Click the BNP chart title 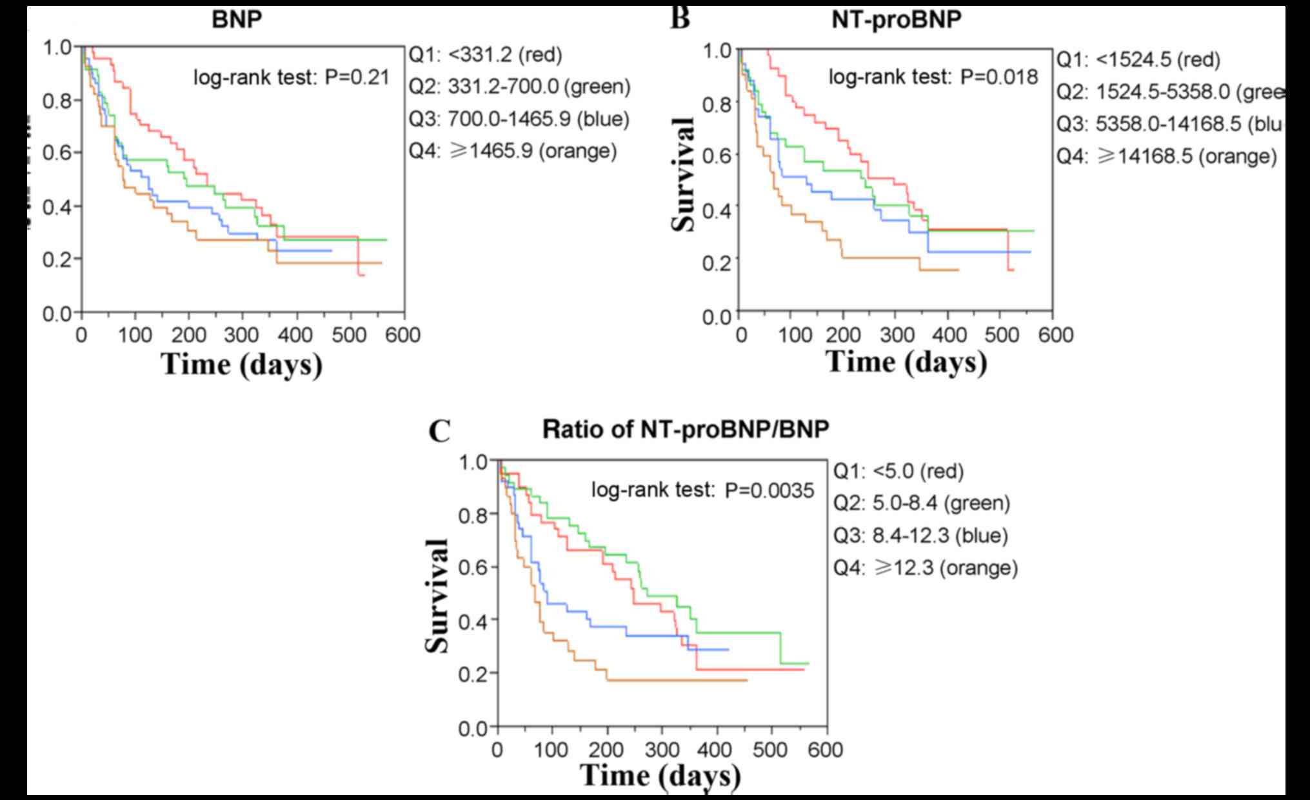pyautogui.click(x=237, y=19)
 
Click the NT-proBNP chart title pyautogui.click(x=896, y=19)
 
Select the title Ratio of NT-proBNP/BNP pyautogui.click(x=685, y=429)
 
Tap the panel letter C pyautogui.click(x=439, y=431)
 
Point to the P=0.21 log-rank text pyautogui.click(x=292, y=78)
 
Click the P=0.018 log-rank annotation pyautogui.click(x=933, y=77)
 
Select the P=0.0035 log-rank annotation pyautogui.click(x=702, y=491)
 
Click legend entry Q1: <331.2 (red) pyautogui.click(x=486, y=55)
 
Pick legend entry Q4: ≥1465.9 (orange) pyautogui.click(x=513, y=151)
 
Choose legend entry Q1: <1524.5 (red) pyautogui.click(x=1138, y=60)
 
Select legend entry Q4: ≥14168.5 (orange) pyautogui.click(x=1166, y=156)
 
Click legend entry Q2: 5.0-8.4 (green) pyautogui.click(x=922, y=503)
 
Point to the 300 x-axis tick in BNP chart pyautogui.click(x=243, y=335)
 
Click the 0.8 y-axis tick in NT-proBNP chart pyautogui.click(x=717, y=103)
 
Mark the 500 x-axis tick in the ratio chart pyautogui.click(x=771, y=750)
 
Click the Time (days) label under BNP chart pyautogui.click(x=242, y=364)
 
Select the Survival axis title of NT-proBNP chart pyautogui.click(x=683, y=174)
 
